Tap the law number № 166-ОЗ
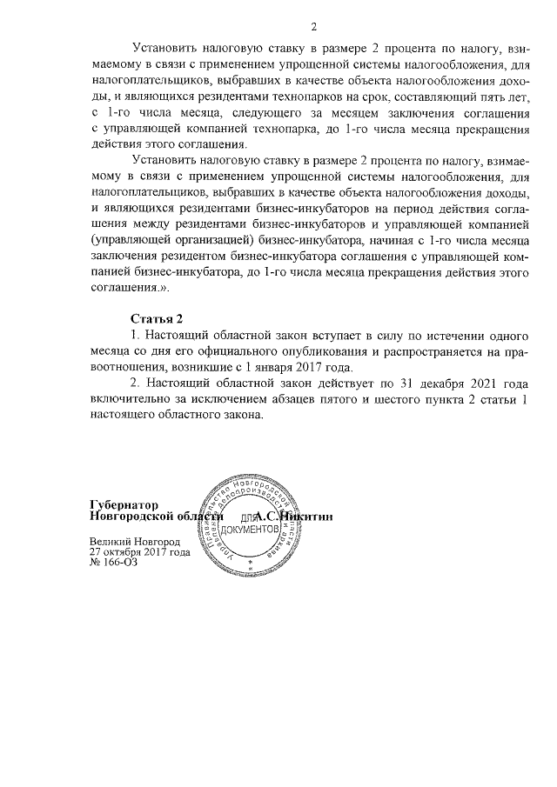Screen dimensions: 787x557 tap(113, 563)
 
